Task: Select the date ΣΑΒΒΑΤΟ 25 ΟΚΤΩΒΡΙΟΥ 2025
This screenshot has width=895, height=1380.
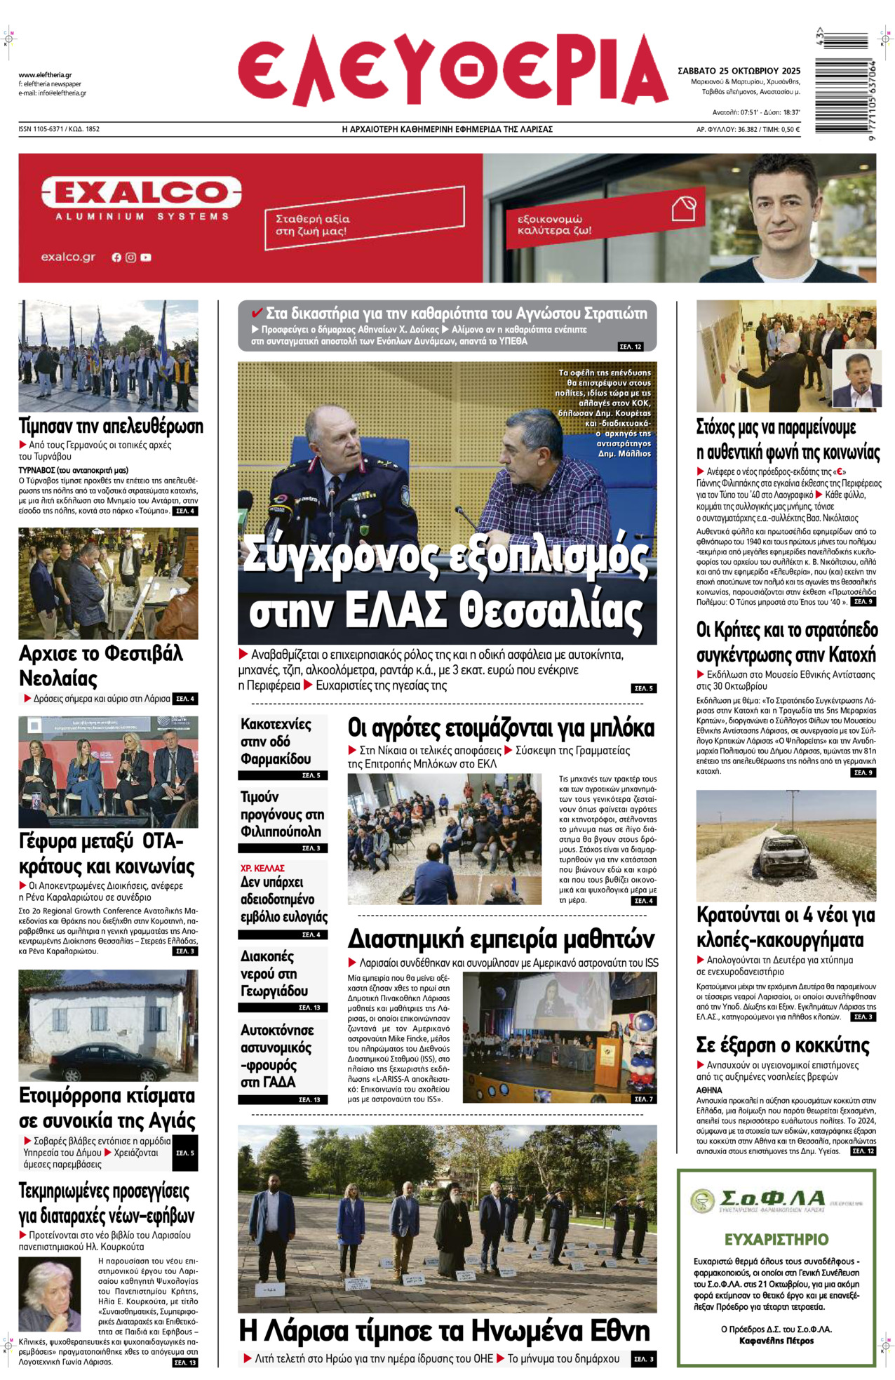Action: coord(739,71)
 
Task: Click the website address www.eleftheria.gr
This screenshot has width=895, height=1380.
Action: coord(45,75)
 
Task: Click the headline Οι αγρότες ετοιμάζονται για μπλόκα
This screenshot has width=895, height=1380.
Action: coord(501,728)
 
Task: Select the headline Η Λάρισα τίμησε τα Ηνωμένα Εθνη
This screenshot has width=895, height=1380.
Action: coord(445,1330)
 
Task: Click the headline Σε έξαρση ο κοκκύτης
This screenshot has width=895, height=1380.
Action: coord(782,1045)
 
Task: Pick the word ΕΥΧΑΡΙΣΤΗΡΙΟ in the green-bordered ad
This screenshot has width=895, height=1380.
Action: coord(776,1239)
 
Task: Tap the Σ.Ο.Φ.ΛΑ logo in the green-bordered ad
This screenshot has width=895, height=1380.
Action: coord(758,1200)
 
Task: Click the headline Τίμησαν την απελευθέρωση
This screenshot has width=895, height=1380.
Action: coord(111,426)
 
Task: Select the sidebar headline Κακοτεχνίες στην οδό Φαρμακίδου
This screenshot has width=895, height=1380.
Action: coord(276,742)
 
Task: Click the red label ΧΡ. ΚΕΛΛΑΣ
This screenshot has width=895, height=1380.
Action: coord(262,868)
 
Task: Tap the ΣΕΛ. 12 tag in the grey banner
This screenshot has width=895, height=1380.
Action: coord(630,347)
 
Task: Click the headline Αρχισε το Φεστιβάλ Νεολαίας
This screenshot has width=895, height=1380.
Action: coord(100,665)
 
